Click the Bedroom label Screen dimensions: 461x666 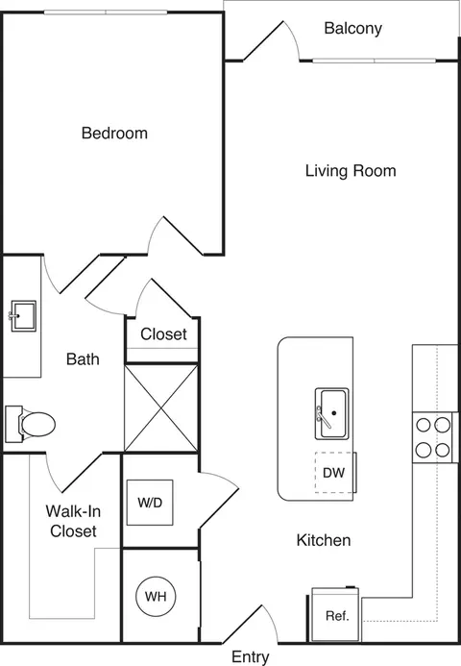pyautogui.click(x=114, y=133)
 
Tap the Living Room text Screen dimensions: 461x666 pyautogui.click(x=351, y=171)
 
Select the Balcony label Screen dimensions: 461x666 pyautogui.click(x=352, y=28)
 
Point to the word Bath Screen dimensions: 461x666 pyautogui.click(x=83, y=359)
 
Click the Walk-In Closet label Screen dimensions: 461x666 pyautogui.click(x=73, y=521)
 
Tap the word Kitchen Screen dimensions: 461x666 pyautogui.click(x=324, y=540)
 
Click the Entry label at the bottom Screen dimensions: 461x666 pyautogui.click(x=251, y=657)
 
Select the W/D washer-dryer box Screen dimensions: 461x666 pyautogui.click(x=150, y=503)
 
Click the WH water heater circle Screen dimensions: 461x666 pyautogui.click(x=156, y=597)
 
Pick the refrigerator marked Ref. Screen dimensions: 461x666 pyautogui.click(x=335, y=615)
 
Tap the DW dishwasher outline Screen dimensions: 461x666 pyautogui.click(x=335, y=473)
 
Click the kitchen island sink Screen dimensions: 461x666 pyautogui.click(x=332, y=413)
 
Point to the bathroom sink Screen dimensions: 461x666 pyautogui.click(x=23, y=316)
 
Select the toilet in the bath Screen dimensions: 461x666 pyautogui.click(x=30, y=424)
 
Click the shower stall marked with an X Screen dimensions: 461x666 pyautogui.click(x=161, y=407)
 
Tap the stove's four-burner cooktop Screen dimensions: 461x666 pyautogui.click(x=433, y=437)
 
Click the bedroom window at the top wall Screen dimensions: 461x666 pyautogui.click(x=106, y=12)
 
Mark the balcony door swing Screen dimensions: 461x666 pyautogui.click(x=272, y=40)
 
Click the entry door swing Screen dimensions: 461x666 pyautogui.click(x=251, y=624)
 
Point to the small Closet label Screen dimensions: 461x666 pyautogui.click(x=163, y=334)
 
